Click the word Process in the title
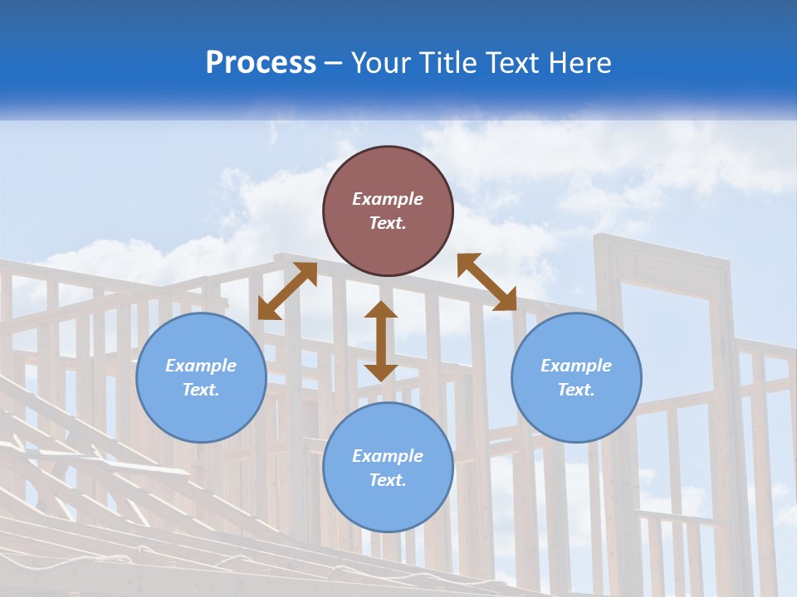261,63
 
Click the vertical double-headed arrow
381,341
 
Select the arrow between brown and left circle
287,290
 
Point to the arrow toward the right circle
487,282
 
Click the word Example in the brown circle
388,199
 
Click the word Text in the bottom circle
388,480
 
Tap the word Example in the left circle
201,366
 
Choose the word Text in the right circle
576,390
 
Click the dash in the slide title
333,63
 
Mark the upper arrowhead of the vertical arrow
381,311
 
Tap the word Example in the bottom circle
388,456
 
